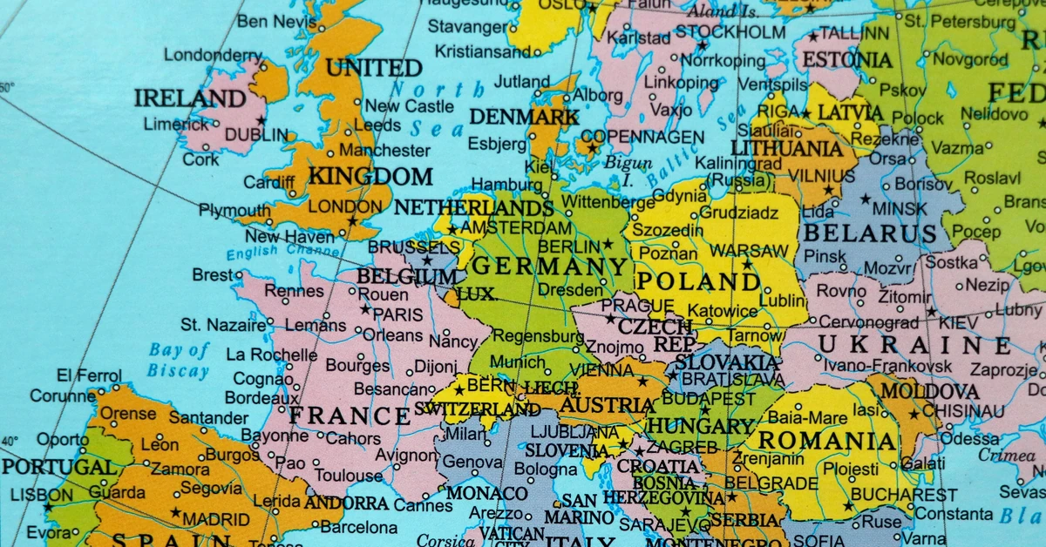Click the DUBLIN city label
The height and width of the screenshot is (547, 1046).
point(256,136)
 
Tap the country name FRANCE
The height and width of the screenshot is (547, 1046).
point(350,416)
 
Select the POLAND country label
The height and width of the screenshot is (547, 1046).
point(698,282)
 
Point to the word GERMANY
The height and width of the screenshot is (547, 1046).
point(550,267)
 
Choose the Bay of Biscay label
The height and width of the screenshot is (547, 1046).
point(179,361)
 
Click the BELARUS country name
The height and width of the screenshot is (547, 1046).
point(870,233)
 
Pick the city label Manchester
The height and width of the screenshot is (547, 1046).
point(385,150)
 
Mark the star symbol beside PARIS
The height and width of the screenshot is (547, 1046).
point(366,310)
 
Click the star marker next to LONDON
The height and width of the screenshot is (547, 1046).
point(352,221)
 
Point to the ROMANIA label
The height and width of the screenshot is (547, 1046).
point(828,442)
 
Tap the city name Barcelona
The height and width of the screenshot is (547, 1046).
point(359,527)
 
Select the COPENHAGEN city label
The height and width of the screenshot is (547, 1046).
point(642,137)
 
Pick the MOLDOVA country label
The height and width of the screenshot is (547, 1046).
point(929,392)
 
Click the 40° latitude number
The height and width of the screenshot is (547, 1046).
point(9,439)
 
